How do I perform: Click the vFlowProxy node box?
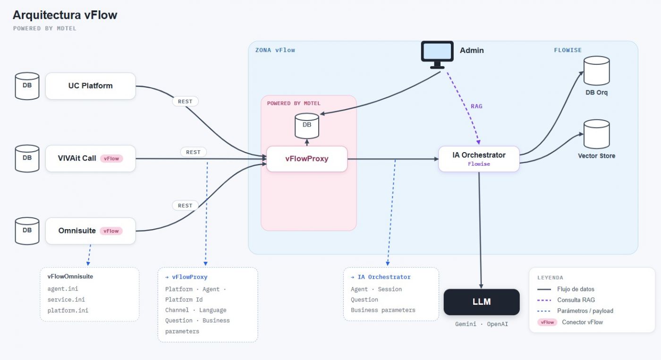point(307,159)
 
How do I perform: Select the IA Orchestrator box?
point(479,159)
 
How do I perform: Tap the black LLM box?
point(482,302)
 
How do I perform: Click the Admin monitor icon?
point(437,55)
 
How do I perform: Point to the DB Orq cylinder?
point(597,71)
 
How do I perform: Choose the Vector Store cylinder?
point(597,134)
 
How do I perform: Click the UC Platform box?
point(91,86)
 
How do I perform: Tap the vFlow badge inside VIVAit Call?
point(111,159)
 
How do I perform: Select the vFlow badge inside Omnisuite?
point(111,231)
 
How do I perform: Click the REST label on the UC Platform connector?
point(185,101)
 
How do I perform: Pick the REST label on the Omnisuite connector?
point(185,206)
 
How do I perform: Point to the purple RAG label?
point(476,106)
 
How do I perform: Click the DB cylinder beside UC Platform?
point(27,86)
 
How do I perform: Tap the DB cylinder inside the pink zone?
point(307,126)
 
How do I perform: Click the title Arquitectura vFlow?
point(65,15)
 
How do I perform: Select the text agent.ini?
point(63,289)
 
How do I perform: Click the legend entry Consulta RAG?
point(576,300)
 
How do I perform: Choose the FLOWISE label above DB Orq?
point(568,50)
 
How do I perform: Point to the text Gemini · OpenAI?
point(482,324)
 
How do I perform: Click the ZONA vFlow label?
point(275,50)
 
